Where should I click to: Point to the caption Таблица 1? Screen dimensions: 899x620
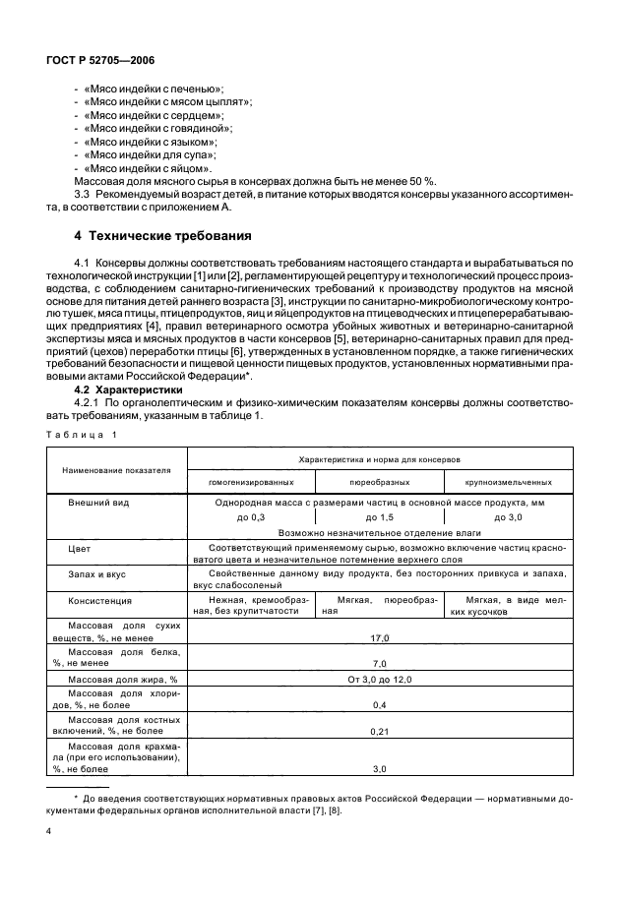(81, 434)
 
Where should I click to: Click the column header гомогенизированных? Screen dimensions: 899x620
(251, 482)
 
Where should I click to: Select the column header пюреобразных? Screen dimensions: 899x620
(378, 482)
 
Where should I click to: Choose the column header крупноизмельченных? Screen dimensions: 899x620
(508, 482)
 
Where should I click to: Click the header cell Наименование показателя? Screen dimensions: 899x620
(116, 470)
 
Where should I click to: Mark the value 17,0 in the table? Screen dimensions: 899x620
(380, 637)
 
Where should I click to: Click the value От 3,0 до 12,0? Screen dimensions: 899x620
(380, 680)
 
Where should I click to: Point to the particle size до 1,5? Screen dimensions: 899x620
(379, 516)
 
